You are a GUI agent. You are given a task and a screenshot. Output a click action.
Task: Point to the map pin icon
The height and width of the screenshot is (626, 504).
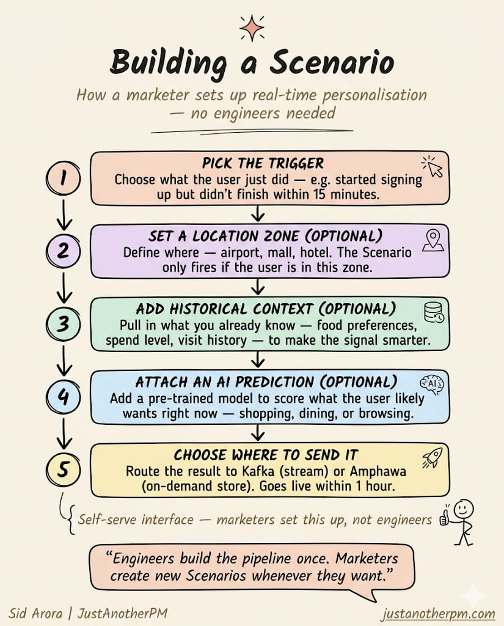pos(433,238)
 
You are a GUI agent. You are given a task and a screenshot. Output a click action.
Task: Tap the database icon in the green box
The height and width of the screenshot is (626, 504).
pos(433,311)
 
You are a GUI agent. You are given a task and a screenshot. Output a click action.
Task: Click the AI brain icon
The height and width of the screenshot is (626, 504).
pos(432,384)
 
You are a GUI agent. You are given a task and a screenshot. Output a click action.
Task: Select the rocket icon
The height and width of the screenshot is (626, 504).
pos(432,457)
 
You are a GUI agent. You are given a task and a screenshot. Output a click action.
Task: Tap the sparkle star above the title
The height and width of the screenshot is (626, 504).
pos(252,29)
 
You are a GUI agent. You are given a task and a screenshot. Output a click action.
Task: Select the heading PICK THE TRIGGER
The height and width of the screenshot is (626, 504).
pos(263,163)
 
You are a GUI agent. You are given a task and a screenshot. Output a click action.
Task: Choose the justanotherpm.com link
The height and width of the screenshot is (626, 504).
pos(437,614)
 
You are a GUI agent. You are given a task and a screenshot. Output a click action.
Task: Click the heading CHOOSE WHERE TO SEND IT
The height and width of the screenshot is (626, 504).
pos(266,455)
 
